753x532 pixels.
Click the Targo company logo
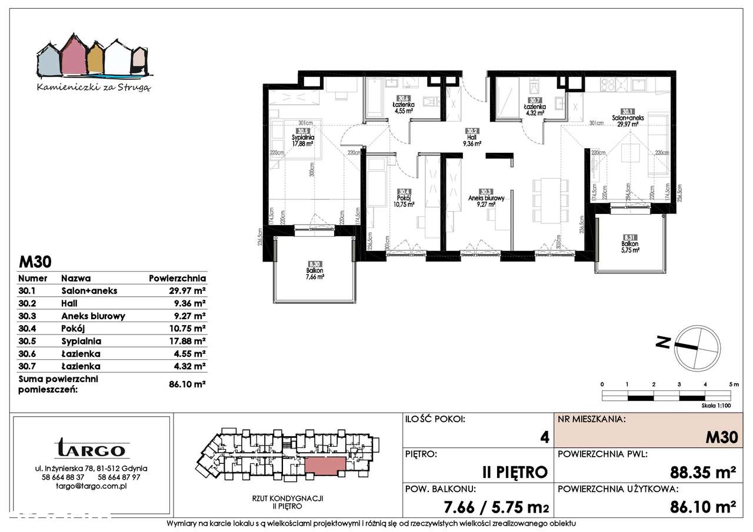tap(91, 449)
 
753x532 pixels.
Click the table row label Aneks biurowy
tap(93, 316)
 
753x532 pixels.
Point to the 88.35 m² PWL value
tap(704, 472)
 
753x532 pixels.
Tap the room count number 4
tap(544, 437)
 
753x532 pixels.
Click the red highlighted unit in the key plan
tap(321, 466)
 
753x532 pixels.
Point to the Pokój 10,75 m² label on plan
tap(405, 199)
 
